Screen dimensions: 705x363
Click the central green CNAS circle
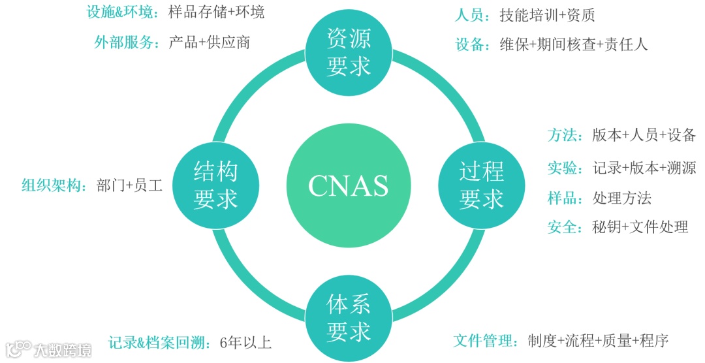(348, 186)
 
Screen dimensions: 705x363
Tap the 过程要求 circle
(481, 186)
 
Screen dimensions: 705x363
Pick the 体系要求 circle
(349, 318)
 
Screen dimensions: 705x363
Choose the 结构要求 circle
(215, 186)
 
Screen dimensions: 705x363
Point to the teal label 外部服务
(123, 43)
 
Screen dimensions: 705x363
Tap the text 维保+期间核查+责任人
(574, 44)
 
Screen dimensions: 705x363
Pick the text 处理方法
(621, 198)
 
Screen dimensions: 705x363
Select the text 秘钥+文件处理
(640, 227)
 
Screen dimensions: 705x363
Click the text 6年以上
(246, 343)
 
